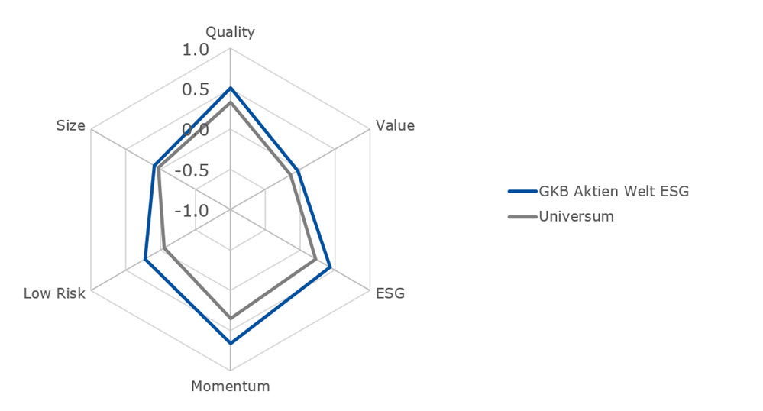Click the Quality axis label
(230, 32)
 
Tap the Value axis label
(394, 126)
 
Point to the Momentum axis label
(230, 387)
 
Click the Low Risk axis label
(54, 293)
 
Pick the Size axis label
(71, 126)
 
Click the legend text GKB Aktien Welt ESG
(614, 191)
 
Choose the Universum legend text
(577, 216)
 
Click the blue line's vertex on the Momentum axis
(230, 344)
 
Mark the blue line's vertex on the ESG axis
(329, 267)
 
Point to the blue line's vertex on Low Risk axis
(145, 260)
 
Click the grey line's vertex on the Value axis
(291, 175)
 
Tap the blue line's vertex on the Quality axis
(230, 89)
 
